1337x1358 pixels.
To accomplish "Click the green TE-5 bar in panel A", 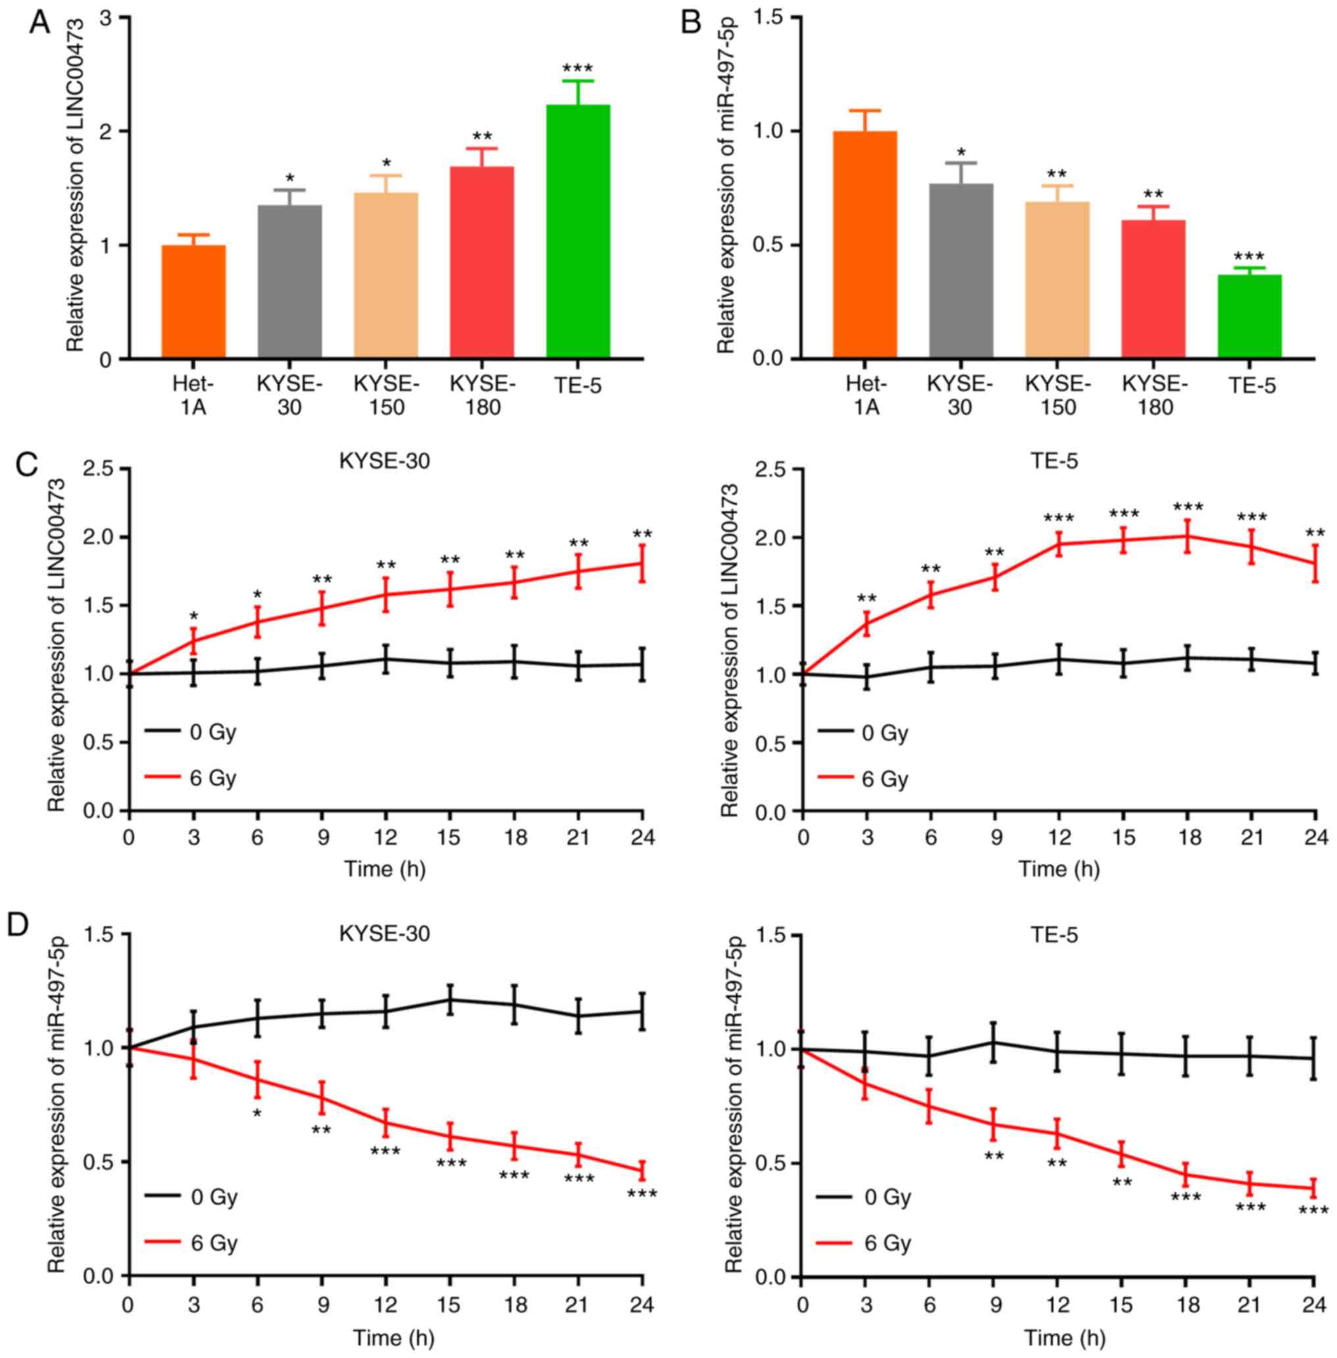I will [x=578, y=232].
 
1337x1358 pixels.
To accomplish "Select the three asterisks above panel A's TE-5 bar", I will [x=578, y=69].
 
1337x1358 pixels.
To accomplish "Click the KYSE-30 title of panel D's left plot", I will [x=385, y=934].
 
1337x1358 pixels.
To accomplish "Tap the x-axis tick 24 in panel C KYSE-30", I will [x=642, y=838].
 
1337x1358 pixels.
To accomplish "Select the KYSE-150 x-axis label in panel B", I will [x=1058, y=395].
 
